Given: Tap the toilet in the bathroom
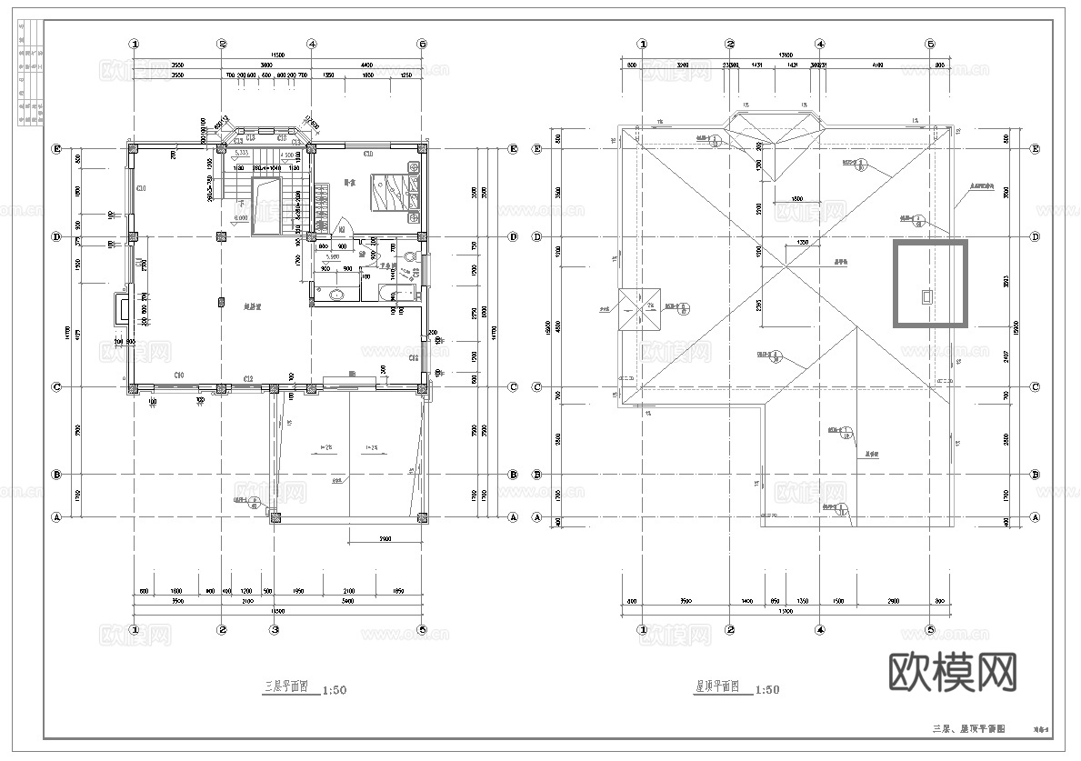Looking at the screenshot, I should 411,257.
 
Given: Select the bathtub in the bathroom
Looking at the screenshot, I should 390,293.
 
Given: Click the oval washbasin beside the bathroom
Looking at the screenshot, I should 337,294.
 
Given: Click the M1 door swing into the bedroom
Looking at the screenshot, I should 343,230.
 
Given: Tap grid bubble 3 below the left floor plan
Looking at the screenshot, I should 274,629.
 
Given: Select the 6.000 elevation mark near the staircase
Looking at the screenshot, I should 241,218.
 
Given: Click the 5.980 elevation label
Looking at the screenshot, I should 333,257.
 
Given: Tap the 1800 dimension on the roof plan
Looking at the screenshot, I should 796,199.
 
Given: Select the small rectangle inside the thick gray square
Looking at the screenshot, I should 927,295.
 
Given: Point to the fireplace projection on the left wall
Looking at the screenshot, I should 119,310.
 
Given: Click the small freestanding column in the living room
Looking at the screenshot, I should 221,301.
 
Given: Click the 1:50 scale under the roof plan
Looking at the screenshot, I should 766,690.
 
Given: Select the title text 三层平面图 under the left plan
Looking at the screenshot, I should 288,688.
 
